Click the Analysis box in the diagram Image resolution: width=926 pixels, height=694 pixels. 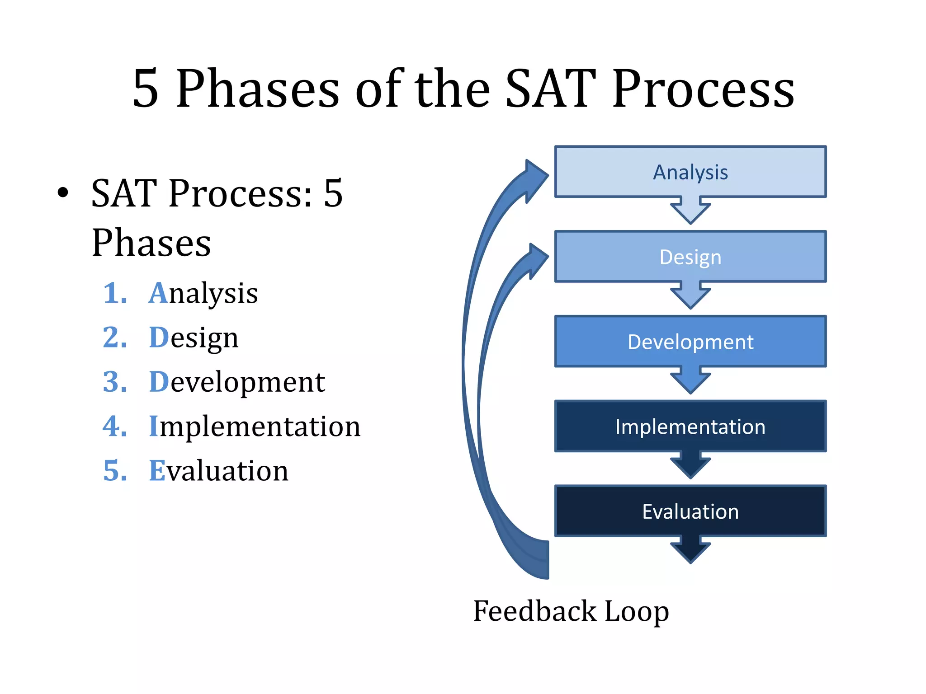coord(690,172)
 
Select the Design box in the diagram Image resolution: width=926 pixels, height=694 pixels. coord(690,257)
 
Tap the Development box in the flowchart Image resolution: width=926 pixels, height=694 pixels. coord(690,342)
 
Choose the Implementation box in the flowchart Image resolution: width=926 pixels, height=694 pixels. coord(690,427)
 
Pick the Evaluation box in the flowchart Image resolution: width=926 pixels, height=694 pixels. coord(690,511)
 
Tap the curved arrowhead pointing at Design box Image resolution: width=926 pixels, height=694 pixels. coord(538,260)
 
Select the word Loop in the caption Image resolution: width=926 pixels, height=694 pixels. coord(637,612)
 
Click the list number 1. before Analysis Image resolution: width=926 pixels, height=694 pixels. coord(115,293)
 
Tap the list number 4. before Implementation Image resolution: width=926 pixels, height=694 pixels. coord(115,426)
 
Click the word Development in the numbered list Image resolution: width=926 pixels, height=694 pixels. coord(237,382)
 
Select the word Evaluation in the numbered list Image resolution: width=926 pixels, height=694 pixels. coord(218,470)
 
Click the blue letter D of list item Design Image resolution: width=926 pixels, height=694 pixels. coord(159,338)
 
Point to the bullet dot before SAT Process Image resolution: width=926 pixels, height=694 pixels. coord(63,192)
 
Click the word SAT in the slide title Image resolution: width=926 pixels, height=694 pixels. coord(550,89)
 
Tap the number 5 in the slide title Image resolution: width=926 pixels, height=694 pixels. coord(146,89)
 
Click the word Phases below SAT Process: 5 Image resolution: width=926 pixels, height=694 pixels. coord(151,243)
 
